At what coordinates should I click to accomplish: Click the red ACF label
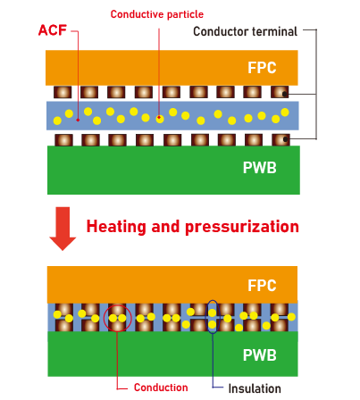(53, 30)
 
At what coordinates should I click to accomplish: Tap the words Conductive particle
(157, 14)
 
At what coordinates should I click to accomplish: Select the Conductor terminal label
(245, 31)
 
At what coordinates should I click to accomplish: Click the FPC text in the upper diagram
(262, 68)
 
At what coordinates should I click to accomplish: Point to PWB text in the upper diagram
(260, 168)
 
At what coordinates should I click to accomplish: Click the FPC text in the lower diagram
(262, 286)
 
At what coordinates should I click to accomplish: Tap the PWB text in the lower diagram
(260, 355)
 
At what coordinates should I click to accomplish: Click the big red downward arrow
(63, 229)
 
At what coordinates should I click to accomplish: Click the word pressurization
(242, 227)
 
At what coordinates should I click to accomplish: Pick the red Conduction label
(161, 387)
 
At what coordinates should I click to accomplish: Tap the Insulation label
(255, 388)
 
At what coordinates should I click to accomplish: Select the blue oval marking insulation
(206, 317)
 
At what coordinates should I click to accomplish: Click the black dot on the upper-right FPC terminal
(285, 94)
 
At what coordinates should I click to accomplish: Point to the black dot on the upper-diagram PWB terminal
(286, 139)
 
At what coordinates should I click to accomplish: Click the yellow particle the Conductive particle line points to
(160, 119)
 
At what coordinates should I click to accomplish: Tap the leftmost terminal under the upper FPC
(63, 92)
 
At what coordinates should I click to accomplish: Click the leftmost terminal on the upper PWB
(63, 140)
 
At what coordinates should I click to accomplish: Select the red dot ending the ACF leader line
(78, 120)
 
